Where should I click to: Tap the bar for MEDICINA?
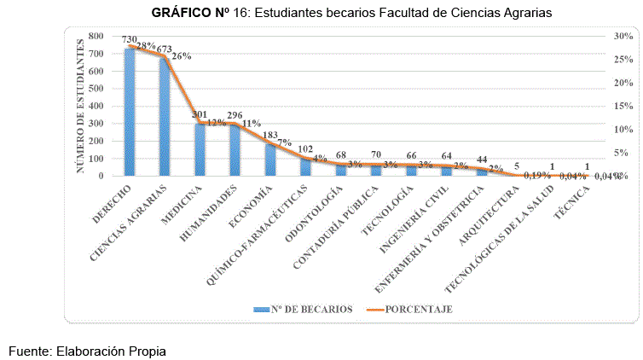coord(200,149)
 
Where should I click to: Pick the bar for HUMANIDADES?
coord(235,150)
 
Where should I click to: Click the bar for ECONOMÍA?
coord(269,160)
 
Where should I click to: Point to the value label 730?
coord(129,40)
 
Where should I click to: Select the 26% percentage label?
coord(181,56)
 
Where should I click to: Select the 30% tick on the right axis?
coord(622,36)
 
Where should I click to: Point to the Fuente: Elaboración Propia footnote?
coord(86,350)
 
